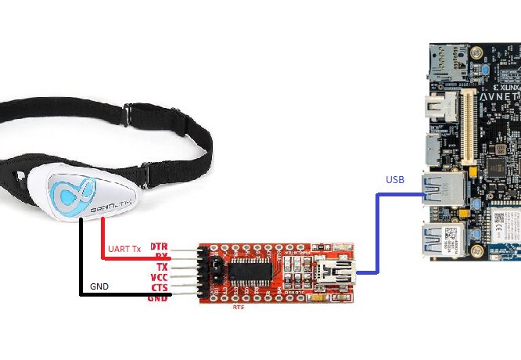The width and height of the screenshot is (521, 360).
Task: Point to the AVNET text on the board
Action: click(x=498, y=96)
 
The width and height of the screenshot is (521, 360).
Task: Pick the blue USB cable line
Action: click(x=378, y=235)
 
